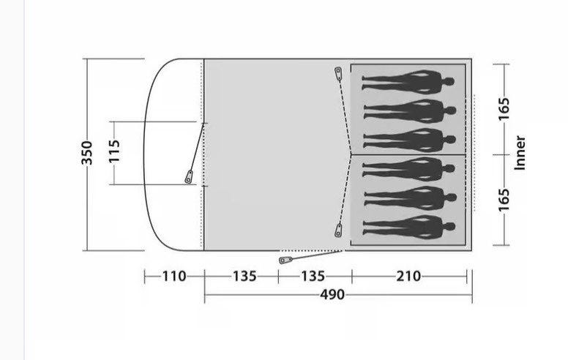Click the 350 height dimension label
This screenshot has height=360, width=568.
pyautogui.click(x=87, y=153)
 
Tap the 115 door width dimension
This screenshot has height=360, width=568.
pyautogui.click(x=114, y=151)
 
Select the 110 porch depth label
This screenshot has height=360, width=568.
pyautogui.click(x=174, y=277)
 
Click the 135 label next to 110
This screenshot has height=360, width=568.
pyautogui.click(x=244, y=277)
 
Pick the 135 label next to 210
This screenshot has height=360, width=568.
pyautogui.click(x=313, y=277)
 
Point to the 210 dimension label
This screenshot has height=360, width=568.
pyautogui.click(x=408, y=277)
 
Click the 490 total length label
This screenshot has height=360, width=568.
pyautogui.click(x=332, y=294)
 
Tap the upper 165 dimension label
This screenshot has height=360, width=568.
pyautogui.click(x=504, y=108)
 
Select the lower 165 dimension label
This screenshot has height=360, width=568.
pyautogui.click(x=504, y=200)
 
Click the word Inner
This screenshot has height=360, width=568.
pyautogui.click(x=520, y=153)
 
